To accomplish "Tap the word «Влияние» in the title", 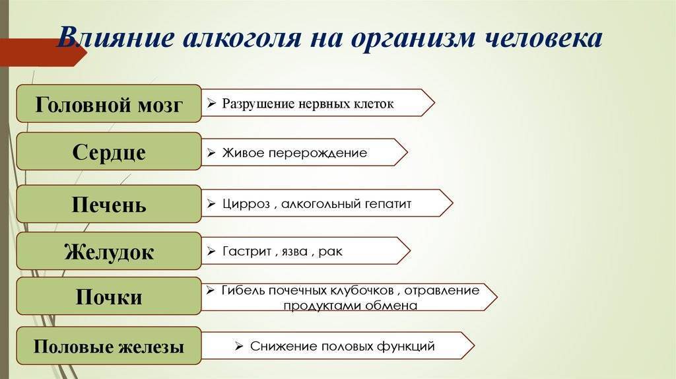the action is [116, 37].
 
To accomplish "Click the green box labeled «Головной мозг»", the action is [109, 104].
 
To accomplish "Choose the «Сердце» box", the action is [109, 151].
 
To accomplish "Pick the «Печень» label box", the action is [109, 204].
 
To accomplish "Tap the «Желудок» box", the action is [109, 251].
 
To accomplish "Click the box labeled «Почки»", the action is [109, 296].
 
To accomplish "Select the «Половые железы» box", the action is [109, 346].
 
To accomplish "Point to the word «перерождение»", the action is [318, 153].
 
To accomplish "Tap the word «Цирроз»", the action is [246, 204].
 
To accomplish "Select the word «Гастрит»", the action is [247, 252].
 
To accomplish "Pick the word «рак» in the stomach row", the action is [330, 252].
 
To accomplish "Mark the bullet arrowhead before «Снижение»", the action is [239, 346].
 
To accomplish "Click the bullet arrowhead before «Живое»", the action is [211, 153].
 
